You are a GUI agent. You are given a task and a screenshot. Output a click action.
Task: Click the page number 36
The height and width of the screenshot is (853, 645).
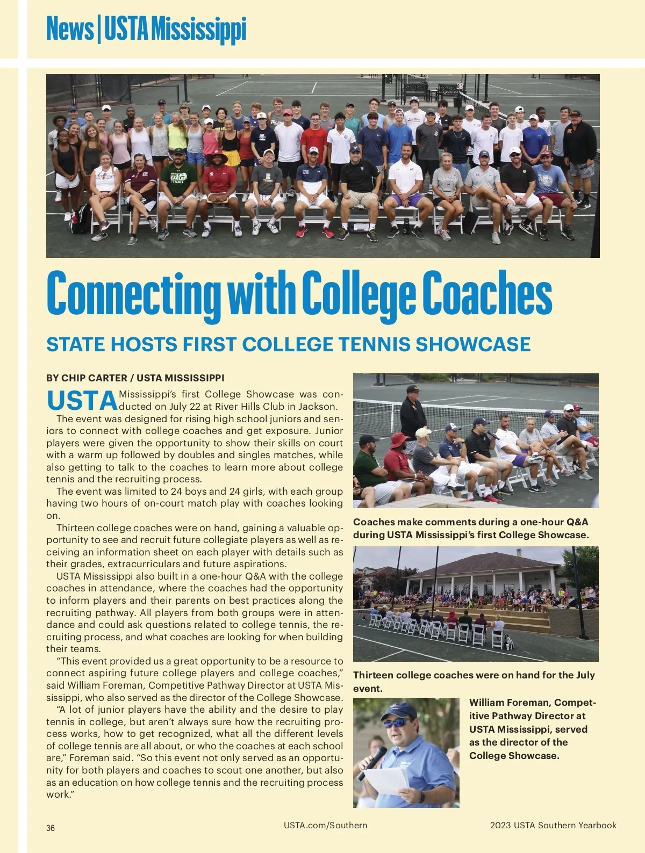51,828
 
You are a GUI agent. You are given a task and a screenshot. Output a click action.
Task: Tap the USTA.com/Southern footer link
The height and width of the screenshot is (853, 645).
325,825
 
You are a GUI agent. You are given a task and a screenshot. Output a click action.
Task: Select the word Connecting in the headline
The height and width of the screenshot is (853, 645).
133,294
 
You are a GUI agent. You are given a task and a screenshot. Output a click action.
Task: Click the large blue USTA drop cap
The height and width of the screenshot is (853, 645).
82,401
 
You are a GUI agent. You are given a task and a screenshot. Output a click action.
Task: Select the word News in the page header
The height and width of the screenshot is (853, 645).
69,29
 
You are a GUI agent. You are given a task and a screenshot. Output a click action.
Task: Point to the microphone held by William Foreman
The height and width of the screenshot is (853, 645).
372,761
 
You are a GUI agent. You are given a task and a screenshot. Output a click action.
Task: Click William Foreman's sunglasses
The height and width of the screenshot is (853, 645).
396,723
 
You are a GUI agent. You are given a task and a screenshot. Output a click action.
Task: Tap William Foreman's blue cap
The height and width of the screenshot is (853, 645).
399,711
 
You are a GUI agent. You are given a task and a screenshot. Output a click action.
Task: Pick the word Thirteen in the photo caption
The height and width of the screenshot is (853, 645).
372,675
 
